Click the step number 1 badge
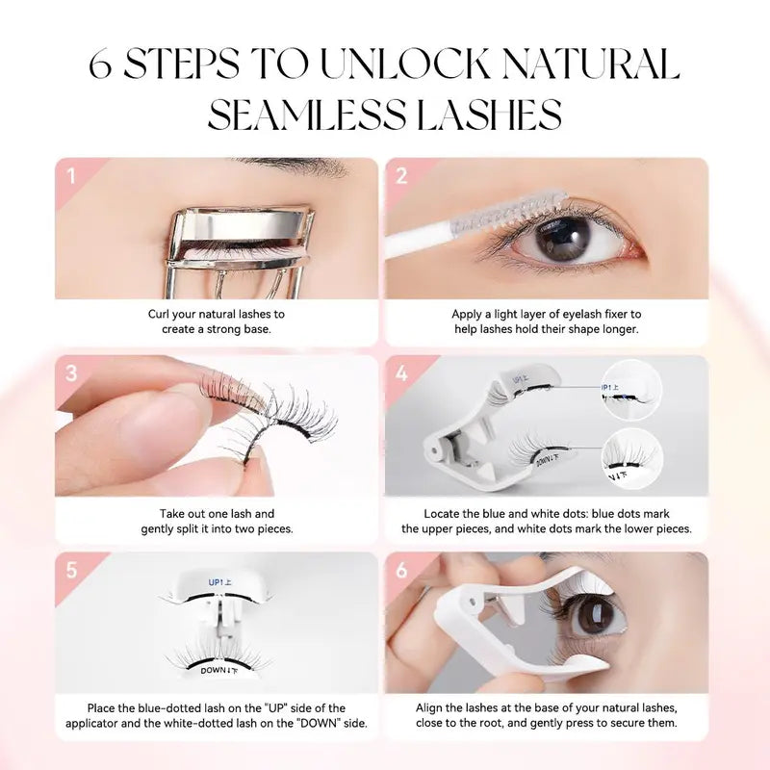[70, 176]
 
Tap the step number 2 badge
[401, 176]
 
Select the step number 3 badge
[70, 372]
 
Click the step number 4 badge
[401, 372]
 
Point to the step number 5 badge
[70, 570]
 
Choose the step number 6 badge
[401, 570]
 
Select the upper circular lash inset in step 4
[630, 388]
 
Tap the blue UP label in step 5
[218, 582]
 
